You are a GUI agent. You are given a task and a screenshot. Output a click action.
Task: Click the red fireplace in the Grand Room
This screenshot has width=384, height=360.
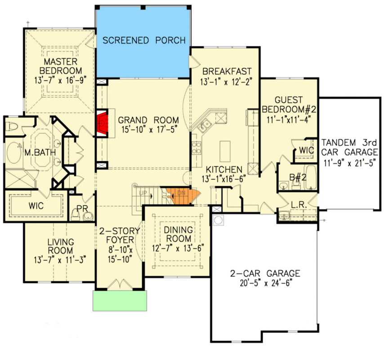pyautogui.click(x=104, y=122)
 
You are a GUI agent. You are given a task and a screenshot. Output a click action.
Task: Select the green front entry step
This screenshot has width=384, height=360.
pyautogui.click(x=120, y=301)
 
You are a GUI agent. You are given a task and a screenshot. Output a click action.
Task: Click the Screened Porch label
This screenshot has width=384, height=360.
pyautogui.click(x=144, y=40)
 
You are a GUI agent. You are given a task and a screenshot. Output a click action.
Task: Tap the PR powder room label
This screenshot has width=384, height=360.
pyautogui.click(x=81, y=208)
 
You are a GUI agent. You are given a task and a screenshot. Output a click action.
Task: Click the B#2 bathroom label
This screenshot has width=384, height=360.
pyautogui.click(x=297, y=177)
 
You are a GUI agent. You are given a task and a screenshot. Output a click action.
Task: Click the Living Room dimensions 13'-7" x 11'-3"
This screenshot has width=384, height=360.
pyautogui.click(x=60, y=259)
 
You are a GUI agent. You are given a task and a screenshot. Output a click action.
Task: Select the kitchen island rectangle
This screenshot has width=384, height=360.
pyautogui.click(x=226, y=151)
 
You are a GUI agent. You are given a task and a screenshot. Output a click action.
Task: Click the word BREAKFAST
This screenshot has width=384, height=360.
pyautogui.click(x=226, y=71)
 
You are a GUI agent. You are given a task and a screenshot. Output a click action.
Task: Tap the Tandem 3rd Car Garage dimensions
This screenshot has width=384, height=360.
pyautogui.click(x=349, y=161)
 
